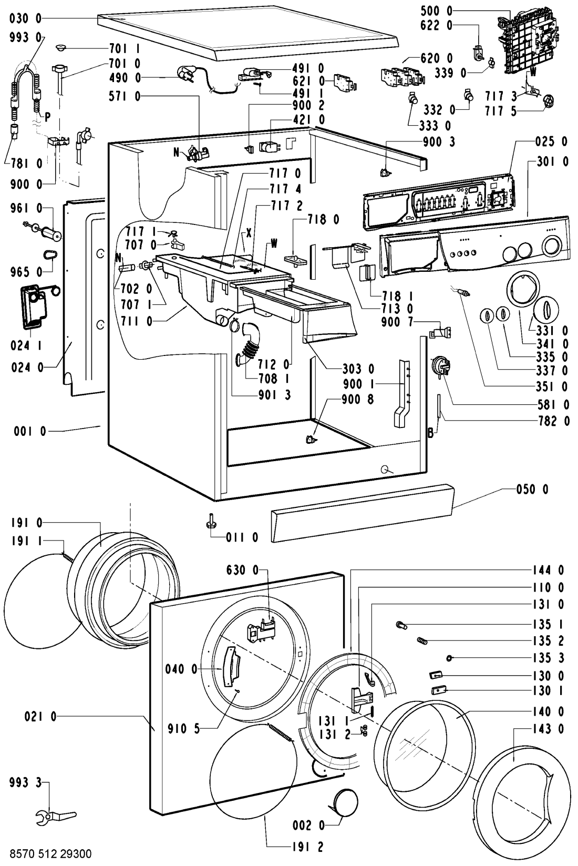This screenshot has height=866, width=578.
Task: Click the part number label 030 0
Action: tap(25, 18)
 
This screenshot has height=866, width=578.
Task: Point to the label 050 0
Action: tap(532, 490)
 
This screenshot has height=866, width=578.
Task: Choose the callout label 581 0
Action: tap(552, 404)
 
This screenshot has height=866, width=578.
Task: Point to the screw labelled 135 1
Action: tap(401, 624)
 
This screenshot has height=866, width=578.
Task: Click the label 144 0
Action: tap(548, 570)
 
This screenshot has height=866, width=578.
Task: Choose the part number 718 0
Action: tap(323, 220)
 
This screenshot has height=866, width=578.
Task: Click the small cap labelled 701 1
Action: tap(61, 47)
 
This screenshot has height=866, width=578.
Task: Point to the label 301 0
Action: tap(552, 161)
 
